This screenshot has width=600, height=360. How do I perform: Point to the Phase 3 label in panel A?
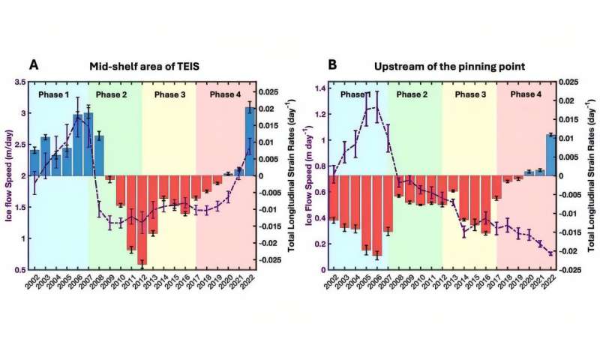[x=169, y=94]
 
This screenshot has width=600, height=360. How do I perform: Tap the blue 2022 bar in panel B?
[x=551, y=155]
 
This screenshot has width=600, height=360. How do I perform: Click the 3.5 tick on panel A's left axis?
[x=19, y=82]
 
